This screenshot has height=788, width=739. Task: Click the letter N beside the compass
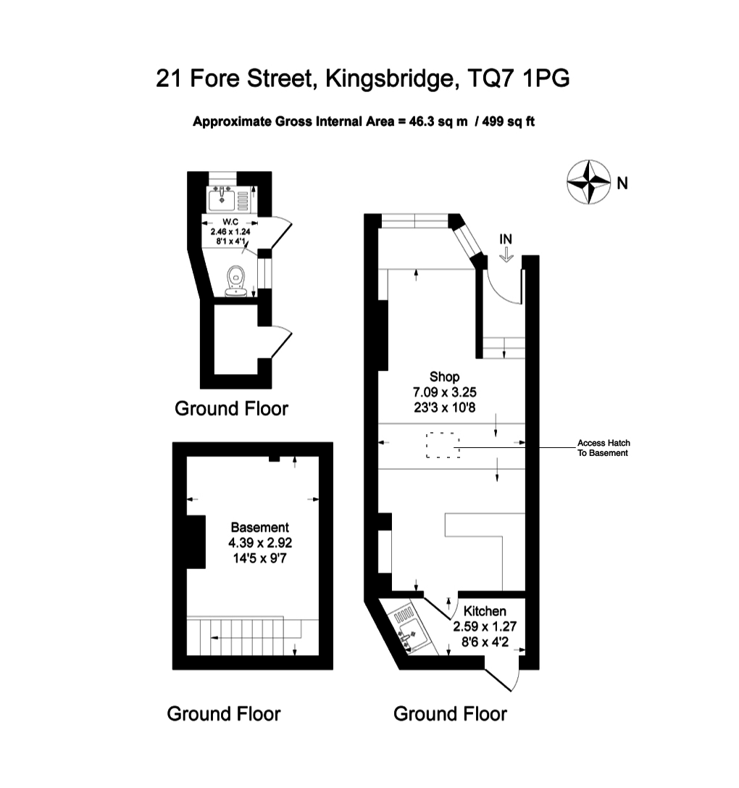point(622,184)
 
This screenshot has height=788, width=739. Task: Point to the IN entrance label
point(506,239)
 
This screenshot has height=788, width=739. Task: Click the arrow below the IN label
point(506,254)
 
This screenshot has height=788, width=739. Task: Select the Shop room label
point(445,376)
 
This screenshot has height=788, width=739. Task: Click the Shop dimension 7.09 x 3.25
point(445,392)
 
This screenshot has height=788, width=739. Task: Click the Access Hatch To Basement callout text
point(604,448)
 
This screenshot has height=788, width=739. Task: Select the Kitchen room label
point(485,611)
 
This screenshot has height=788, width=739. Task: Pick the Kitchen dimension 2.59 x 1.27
point(485,626)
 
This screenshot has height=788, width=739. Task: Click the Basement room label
point(260,527)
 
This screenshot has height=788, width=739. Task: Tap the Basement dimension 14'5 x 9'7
point(260,557)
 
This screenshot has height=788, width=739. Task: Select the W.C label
point(230,221)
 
